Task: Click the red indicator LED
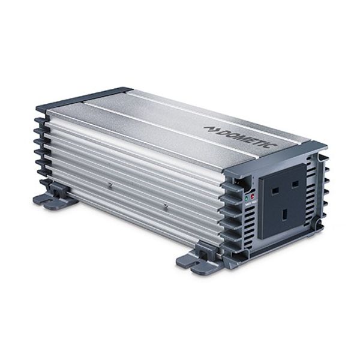pyautogui.click(x=254, y=195)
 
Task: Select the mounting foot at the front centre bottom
pyautogui.click(x=198, y=257)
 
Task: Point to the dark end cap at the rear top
pyautogui.click(x=84, y=98)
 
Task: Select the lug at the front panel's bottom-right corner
pyautogui.click(x=318, y=229)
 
